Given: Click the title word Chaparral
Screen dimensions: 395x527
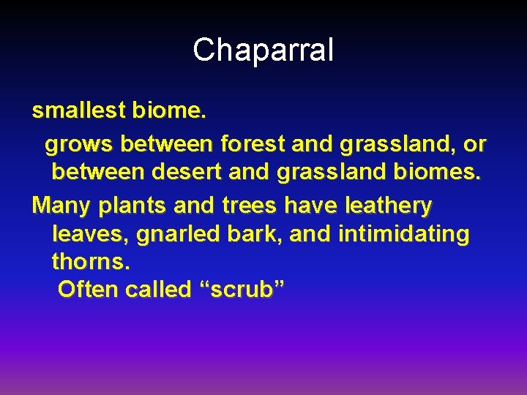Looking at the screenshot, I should (x=263, y=50).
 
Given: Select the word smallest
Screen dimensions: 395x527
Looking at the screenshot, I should (x=78, y=111).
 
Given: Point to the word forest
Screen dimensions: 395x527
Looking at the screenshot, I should (x=253, y=144).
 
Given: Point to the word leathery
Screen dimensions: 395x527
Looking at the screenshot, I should (x=387, y=205).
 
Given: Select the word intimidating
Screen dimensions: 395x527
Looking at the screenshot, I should (x=403, y=235).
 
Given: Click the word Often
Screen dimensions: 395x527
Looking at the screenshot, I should (x=88, y=290).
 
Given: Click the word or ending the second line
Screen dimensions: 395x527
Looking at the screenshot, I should (x=474, y=145).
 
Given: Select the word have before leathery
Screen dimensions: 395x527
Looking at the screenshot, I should (x=309, y=205).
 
